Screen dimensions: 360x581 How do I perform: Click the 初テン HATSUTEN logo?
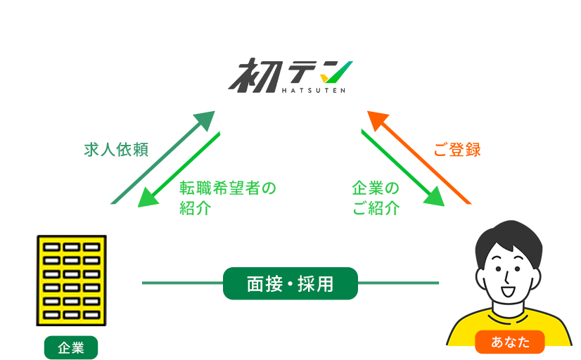[290, 76]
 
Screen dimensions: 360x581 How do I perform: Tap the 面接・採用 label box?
[290, 283]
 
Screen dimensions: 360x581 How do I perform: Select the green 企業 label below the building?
[71, 347]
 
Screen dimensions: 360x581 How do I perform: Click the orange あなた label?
[510, 342]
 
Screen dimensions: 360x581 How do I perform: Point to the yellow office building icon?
[71, 280]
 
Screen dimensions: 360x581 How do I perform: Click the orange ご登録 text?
[457, 149]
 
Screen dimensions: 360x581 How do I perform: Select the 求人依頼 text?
[118, 149]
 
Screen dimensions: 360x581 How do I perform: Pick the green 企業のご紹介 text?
[376, 198]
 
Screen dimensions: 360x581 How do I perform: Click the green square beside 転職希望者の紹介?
[148, 197]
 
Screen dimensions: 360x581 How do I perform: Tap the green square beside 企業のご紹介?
[433, 195]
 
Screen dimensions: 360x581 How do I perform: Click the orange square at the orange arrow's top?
[378, 120]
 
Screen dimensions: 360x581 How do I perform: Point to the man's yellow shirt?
[464, 330]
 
